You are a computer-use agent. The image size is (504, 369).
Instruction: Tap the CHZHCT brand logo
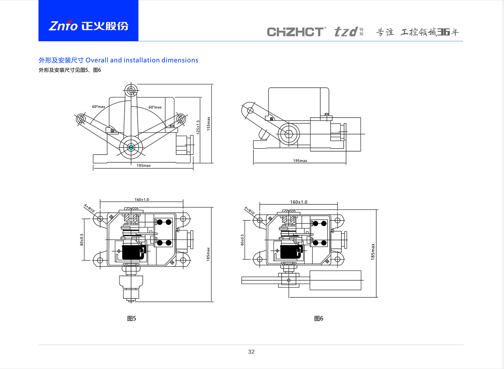pos(295,32)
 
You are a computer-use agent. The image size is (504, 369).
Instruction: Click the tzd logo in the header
pos(346,32)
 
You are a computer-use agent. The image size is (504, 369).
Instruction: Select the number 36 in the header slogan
pos(444,32)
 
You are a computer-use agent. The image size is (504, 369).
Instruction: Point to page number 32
pos(251,352)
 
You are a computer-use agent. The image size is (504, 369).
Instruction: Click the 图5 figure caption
pos(132,319)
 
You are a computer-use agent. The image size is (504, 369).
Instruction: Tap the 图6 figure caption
pos(319,319)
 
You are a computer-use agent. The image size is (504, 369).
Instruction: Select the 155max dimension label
pos(209,123)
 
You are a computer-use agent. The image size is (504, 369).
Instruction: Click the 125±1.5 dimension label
pos(198,127)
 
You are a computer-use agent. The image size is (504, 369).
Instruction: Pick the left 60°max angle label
pos(98,107)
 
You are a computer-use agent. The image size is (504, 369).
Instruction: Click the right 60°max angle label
pos(155,108)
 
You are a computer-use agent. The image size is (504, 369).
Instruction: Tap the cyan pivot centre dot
pos(131,147)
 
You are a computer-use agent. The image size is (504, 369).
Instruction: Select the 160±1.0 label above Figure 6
pos(298,202)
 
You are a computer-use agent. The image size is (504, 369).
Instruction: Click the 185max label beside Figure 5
pos(208,254)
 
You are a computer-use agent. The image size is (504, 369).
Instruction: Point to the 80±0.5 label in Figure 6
pos(243,240)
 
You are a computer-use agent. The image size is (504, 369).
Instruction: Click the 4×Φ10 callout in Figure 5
pos(89,208)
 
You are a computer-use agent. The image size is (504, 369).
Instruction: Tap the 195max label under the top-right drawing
pos(300,161)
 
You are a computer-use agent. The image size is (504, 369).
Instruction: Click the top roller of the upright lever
pos(131,90)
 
